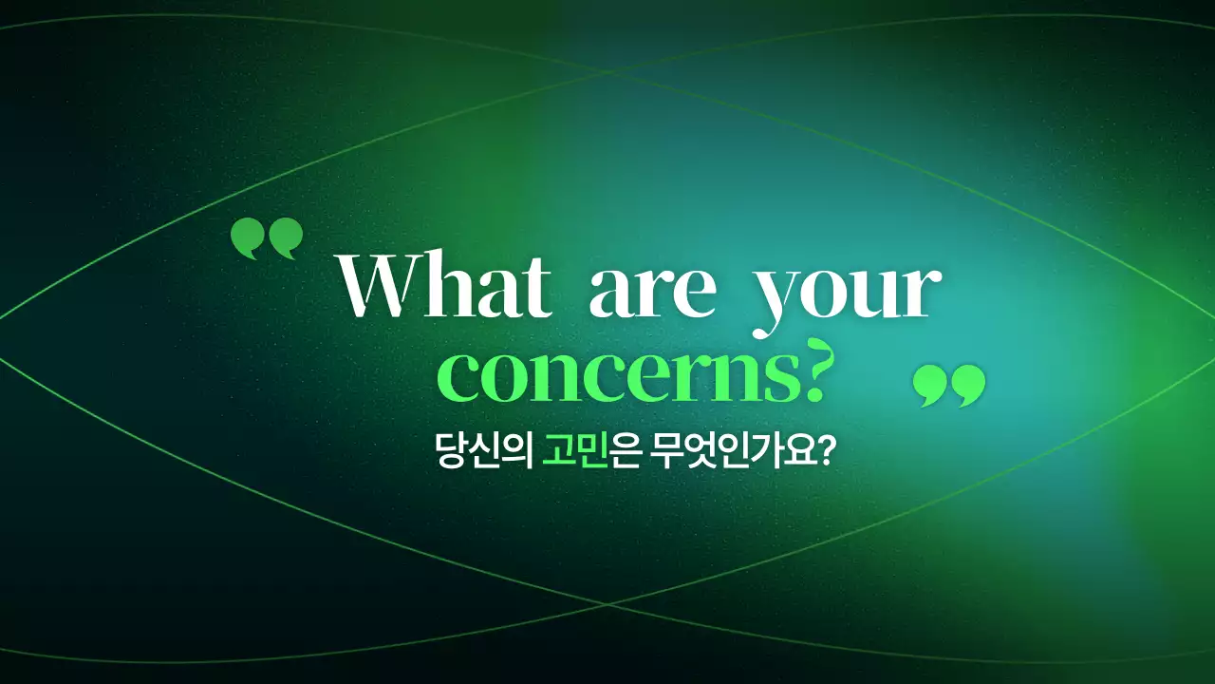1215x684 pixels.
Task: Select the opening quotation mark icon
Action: click(267, 238)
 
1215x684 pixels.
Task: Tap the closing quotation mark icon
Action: click(949, 386)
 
